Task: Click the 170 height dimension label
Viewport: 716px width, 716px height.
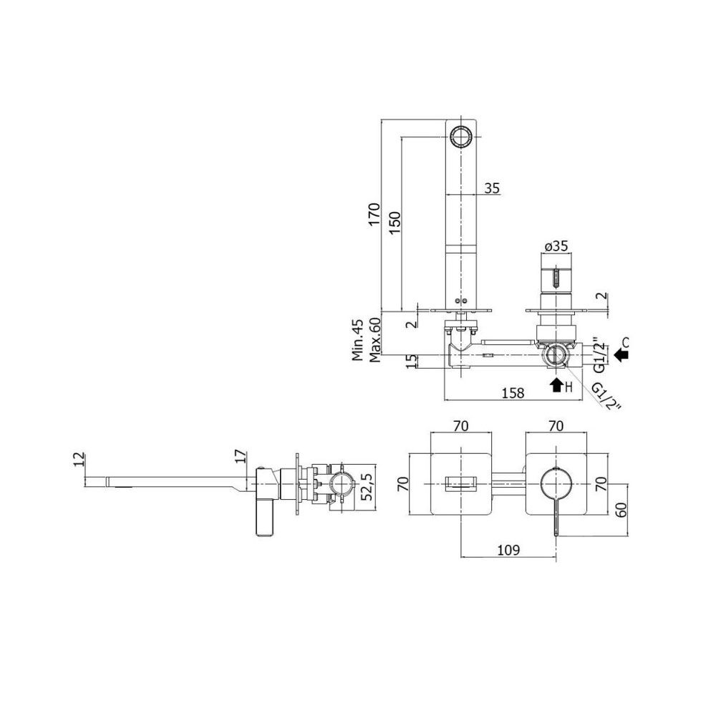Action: (374, 214)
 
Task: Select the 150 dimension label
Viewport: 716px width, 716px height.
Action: (395, 223)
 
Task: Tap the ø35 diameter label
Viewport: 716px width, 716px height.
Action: (556, 246)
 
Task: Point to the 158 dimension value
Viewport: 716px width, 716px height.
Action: (513, 392)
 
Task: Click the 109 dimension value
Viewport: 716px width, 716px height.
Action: (508, 550)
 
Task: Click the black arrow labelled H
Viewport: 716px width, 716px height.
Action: (556, 385)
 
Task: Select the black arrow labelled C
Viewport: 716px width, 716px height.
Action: (621, 355)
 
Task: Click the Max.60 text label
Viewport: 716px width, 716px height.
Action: (375, 340)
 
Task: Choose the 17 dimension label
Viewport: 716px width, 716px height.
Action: (241, 457)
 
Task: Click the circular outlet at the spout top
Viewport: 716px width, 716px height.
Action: (462, 136)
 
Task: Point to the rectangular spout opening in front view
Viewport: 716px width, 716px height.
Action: (462, 483)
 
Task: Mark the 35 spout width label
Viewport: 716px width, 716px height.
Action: (492, 188)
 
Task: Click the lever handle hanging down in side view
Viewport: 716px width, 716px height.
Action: (265, 518)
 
